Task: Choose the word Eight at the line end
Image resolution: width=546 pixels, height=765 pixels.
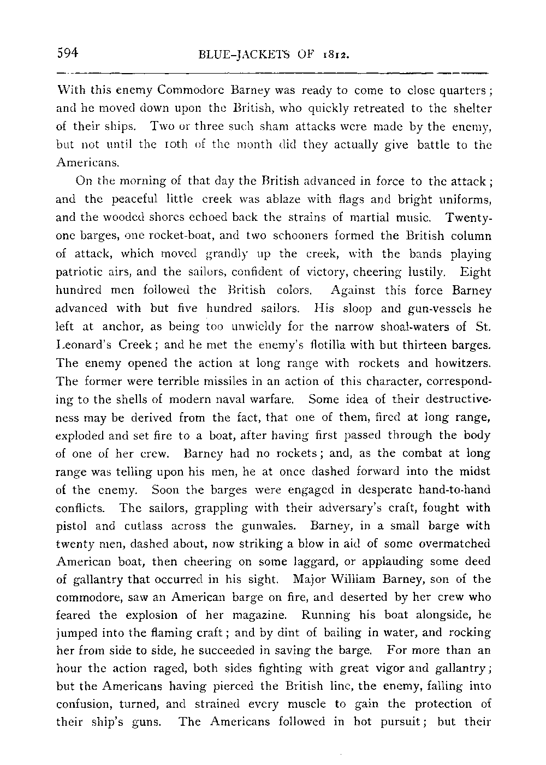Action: pyautogui.click(x=476, y=272)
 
